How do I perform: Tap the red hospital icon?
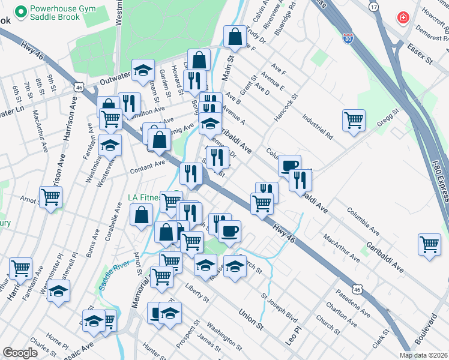pyautogui.click(x=403, y=18)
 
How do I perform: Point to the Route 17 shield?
pyautogui.click(x=374, y=7)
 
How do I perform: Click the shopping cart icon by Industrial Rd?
pyautogui.click(x=354, y=119)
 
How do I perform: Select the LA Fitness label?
pyautogui.click(x=146, y=197)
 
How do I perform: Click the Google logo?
pyautogui.click(x=20, y=353)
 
